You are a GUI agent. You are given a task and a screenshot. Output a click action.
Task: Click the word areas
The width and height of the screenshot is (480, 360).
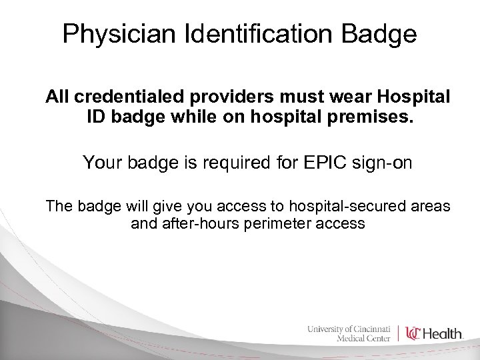coord(427,206)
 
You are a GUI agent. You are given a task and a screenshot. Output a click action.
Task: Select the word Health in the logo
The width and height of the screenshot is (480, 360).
coord(445,332)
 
